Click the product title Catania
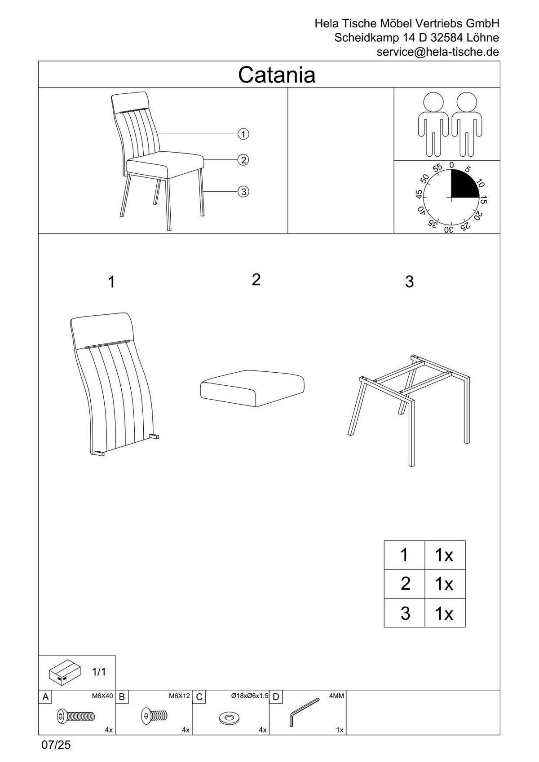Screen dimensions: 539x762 [x=277, y=75]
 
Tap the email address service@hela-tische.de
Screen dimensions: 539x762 [x=437, y=52]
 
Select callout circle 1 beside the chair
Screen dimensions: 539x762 [x=243, y=134]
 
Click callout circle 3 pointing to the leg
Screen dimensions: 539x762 [x=243, y=192]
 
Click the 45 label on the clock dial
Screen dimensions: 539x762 [x=419, y=194]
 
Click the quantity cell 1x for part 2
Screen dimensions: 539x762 [x=444, y=584]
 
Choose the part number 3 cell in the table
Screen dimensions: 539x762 [x=404, y=613]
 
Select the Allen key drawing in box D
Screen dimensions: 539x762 [x=304, y=711]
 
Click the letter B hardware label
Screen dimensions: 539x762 [x=122, y=697]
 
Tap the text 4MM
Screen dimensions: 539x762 [x=336, y=696]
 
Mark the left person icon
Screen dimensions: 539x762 [x=433, y=124]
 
